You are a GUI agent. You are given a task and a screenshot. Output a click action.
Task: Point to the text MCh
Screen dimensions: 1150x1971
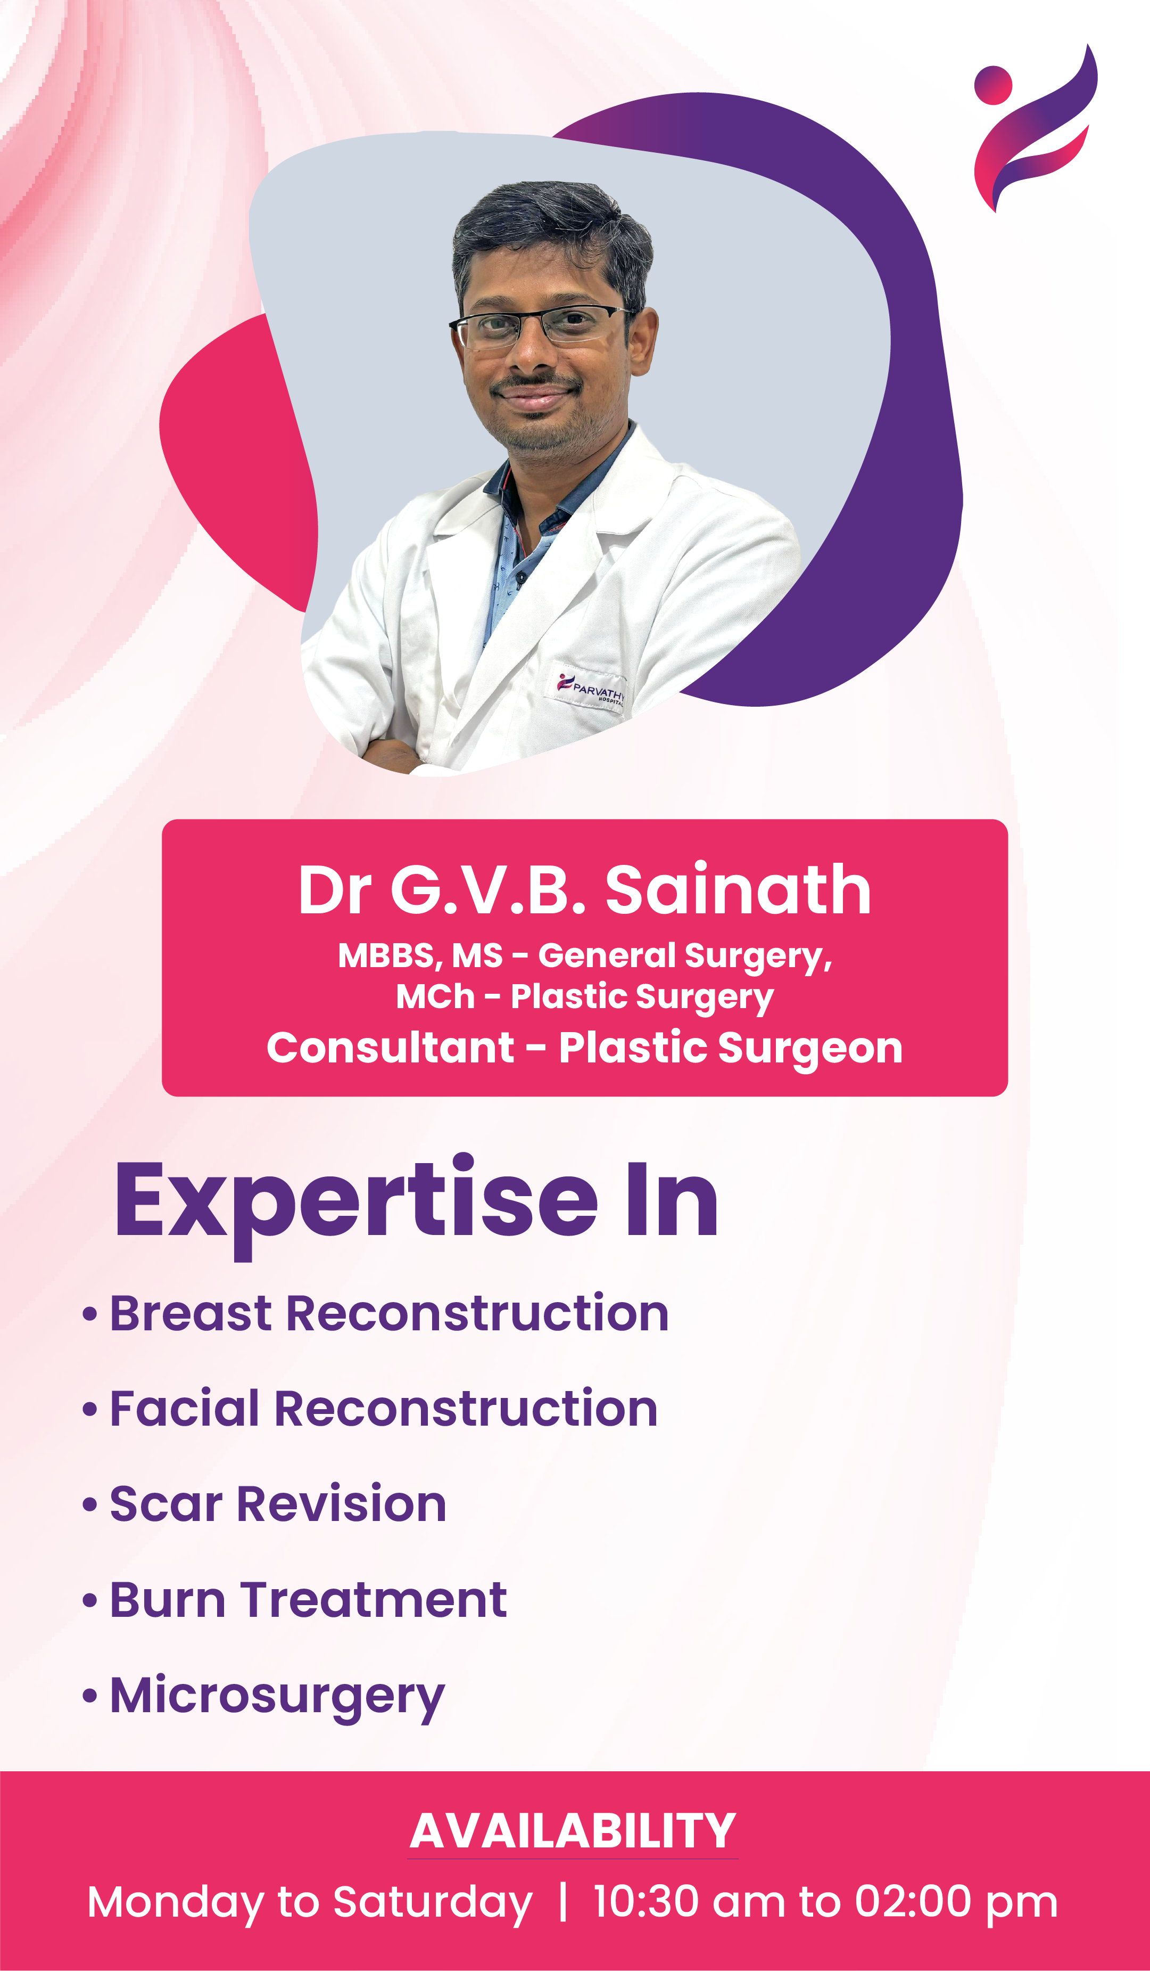click(x=435, y=996)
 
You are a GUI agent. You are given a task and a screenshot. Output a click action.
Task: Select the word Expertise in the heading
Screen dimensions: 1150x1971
click(x=357, y=1203)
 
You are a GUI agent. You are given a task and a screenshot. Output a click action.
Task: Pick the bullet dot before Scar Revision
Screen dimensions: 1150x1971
click(x=90, y=1506)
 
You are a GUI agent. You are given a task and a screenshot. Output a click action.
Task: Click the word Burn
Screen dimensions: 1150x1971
click(x=167, y=1600)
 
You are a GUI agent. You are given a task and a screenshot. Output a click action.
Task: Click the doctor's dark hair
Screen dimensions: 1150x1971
click(x=551, y=227)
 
